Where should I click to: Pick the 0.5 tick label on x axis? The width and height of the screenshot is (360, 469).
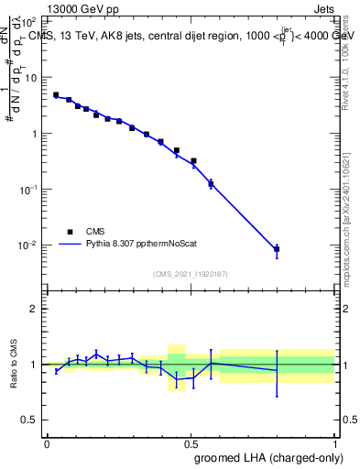point(191,443)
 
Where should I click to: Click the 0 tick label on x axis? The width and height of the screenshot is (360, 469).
point(47,443)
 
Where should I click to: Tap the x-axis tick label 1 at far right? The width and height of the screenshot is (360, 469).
point(334,443)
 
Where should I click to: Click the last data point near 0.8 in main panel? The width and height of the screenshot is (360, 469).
point(277,249)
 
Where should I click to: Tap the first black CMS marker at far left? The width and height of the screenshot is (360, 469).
point(56,95)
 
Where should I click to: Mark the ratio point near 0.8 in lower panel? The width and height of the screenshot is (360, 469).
point(277,370)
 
